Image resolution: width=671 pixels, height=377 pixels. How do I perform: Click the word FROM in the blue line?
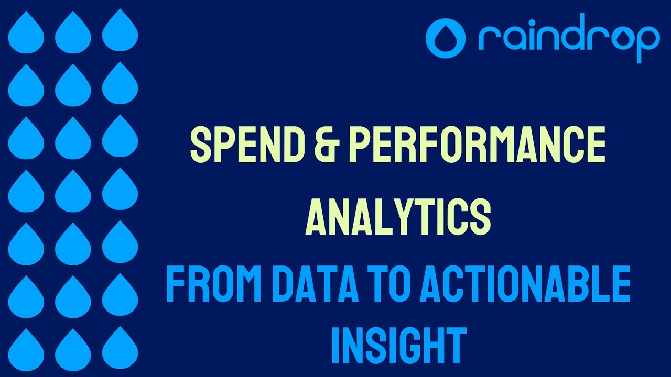point(212,284)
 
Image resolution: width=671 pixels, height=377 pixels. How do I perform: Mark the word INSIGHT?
point(399,346)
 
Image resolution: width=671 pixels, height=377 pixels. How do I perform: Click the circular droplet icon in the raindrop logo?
point(446,38)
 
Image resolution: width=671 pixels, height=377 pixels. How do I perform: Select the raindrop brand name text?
point(569,40)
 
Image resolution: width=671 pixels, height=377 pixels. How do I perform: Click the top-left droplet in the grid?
point(26,32)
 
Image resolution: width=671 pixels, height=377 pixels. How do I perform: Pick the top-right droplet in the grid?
point(120,32)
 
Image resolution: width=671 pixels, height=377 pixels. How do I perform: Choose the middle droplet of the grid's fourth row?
point(73,191)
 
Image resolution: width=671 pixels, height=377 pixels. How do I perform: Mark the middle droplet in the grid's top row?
point(73,32)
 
